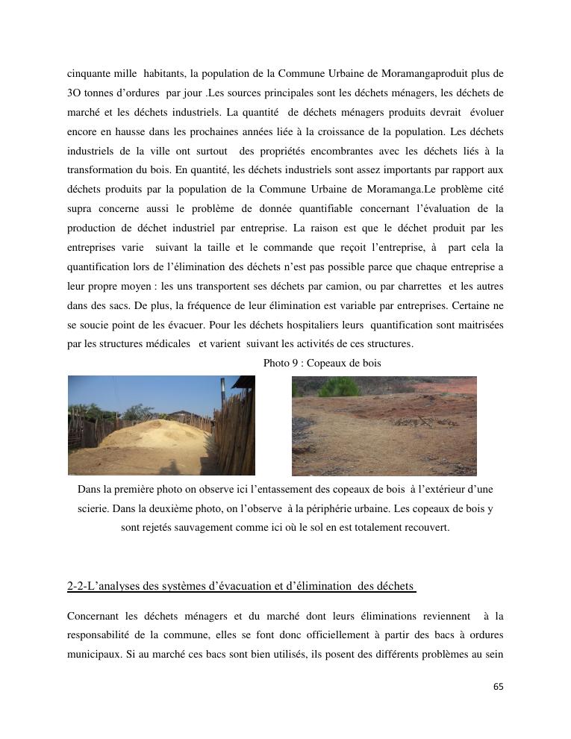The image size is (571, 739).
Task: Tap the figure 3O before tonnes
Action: pyautogui.click(x=75, y=93)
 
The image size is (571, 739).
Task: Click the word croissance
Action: pyautogui.click(x=331, y=132)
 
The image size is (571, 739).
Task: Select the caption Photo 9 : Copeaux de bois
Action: pyautogui.click(x=322, y=363)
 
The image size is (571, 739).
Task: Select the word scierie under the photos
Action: pyautogui.click(x=95, y=508)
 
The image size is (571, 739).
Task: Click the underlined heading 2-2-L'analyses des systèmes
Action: pyautogui.click(x=241, y=586)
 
